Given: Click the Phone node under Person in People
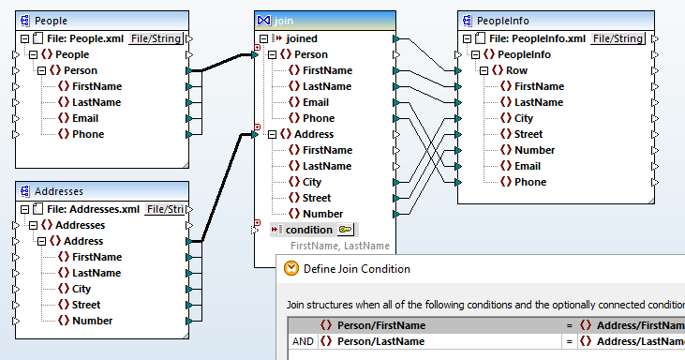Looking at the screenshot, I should click(x=88, y=134).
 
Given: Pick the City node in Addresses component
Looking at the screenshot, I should click(x=81, y=289).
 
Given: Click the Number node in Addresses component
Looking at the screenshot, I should click(x=93, y=321).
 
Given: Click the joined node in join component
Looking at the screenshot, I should click(x=301, y=38).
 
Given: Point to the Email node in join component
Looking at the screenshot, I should click(x=315, y=102).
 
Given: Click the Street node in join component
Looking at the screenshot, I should click(x=316, y=198).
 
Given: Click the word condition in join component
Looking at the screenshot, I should click(x=309, y=230).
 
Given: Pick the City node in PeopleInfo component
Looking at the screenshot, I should click(x=523, y=118).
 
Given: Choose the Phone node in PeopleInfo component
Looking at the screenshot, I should click(x=529, y=182).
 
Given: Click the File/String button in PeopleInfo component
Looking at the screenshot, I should click(x=618, y=38).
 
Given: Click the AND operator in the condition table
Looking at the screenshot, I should click(x=303, y=341).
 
